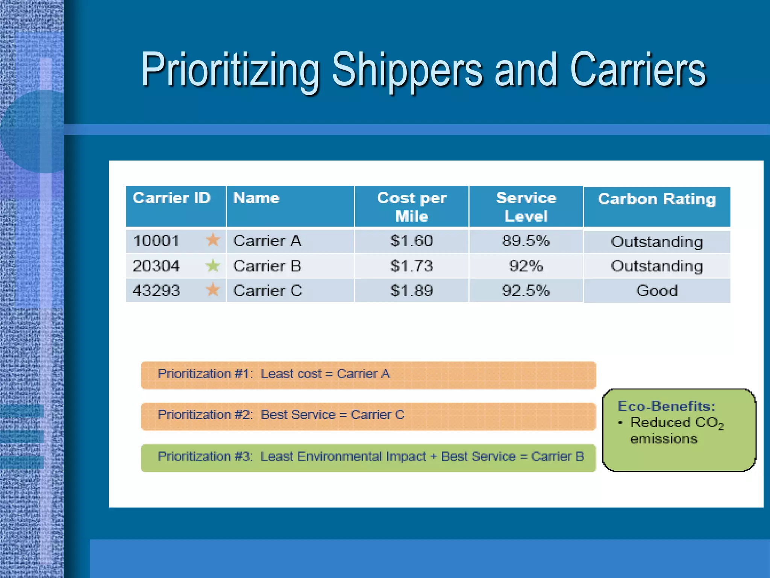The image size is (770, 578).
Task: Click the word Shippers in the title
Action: (407, 70)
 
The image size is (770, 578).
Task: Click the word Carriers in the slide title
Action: (638, 70)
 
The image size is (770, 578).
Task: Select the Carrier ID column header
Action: (171, 198)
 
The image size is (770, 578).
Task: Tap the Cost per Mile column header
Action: (412, 207)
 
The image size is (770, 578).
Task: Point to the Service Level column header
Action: (526, 207)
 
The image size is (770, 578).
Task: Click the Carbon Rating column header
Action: (657, 199)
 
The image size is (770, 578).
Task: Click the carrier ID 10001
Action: (156, 241)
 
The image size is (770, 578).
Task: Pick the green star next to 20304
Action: (213, 266)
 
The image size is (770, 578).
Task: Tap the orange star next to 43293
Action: (213, 290)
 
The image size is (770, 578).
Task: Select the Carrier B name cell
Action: (267, 266)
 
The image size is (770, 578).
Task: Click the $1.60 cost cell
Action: (412, 241)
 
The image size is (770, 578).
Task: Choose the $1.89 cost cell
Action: (412, 291)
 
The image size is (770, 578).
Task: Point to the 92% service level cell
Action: (526, 266)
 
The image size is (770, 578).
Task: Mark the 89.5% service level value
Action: (526, 241)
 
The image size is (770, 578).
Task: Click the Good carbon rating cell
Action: (657, 291)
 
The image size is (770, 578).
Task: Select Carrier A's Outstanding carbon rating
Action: (657, 242)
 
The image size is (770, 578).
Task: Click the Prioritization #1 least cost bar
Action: (368, 375)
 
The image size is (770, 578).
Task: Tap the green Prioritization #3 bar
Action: (368, 457)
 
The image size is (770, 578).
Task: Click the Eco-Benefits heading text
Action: (667, 406)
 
